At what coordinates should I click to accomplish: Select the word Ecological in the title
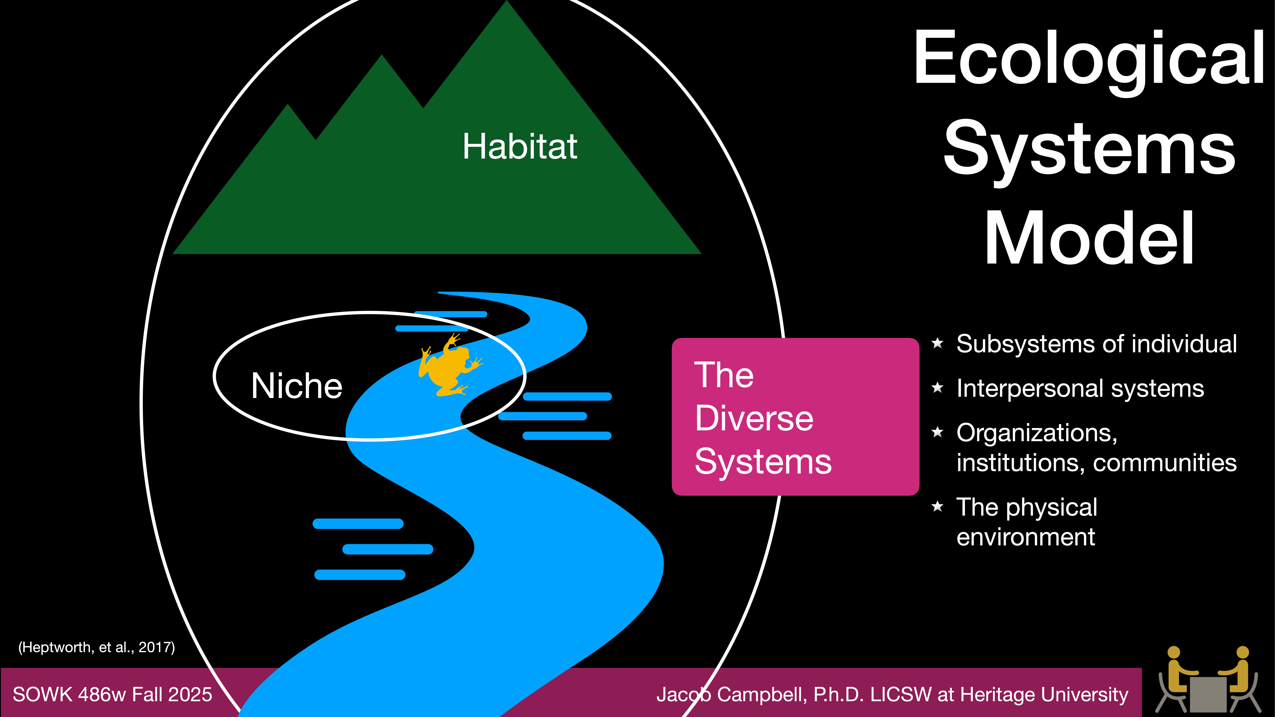click(x=1089, y=58)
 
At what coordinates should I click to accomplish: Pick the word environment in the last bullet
click(x=1026, y=537)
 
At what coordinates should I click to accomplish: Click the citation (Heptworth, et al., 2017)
click(x=97, y=647)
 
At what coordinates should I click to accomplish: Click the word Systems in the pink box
click(x=763, y=462)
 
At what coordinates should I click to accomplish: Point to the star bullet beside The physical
click(x=937, y=506)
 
